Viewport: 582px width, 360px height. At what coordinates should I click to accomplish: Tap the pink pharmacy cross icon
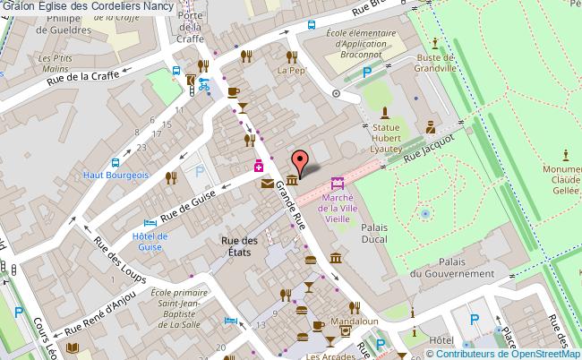[258, 166]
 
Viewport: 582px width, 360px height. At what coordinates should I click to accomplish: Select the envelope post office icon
[268, 184]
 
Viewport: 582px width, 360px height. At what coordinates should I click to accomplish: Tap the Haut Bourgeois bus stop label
[116, 176]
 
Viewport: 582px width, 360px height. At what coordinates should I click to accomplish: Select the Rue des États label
[240, 246]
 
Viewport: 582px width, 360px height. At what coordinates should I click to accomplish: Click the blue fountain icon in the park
[424, 214]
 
